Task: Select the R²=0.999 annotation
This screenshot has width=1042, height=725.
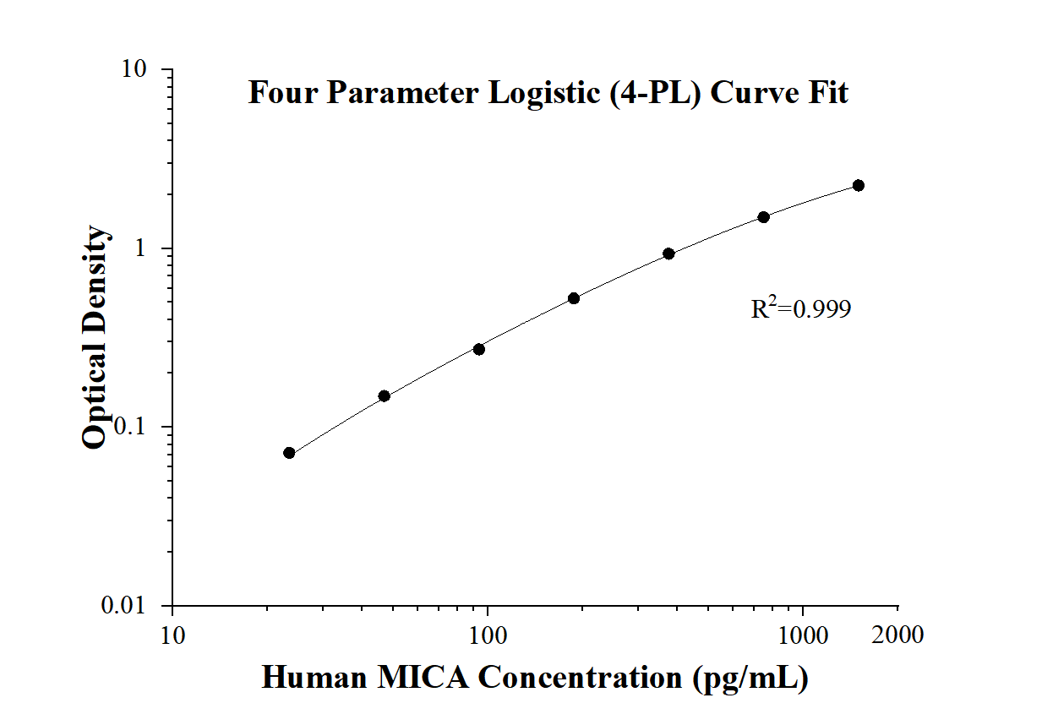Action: point(800,309)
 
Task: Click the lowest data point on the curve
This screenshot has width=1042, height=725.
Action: point(289,453)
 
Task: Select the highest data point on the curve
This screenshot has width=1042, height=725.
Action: point(858,185)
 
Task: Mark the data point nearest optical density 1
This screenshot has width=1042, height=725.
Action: point(668,253)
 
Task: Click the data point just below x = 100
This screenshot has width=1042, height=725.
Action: point(478,349)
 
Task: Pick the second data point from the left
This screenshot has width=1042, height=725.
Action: point(384,395)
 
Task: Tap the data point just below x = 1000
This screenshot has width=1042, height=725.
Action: point(763,217)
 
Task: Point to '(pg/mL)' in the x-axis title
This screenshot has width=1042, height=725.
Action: point(750,678)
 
